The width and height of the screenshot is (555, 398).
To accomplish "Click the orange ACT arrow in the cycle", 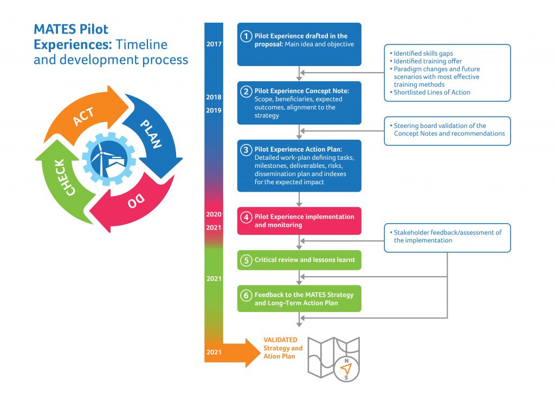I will [81, 116].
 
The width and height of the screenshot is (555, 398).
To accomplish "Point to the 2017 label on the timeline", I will [214, 44].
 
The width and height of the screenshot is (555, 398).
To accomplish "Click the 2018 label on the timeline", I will [214, 97].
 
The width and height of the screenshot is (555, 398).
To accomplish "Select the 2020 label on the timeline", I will [214, 214].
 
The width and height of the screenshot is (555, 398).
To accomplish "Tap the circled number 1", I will [246, 36].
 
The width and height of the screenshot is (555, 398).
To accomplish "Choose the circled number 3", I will [246, 149].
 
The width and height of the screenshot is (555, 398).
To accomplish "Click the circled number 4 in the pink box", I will [246, 217].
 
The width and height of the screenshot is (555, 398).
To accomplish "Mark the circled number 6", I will [246, 295].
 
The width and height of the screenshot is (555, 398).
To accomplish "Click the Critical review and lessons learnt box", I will [299, 260].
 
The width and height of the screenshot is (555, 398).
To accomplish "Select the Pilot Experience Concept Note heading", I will [301, 91].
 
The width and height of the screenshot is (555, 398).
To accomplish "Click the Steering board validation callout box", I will [447, 130].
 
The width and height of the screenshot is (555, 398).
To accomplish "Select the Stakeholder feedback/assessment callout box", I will [447, 237].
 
